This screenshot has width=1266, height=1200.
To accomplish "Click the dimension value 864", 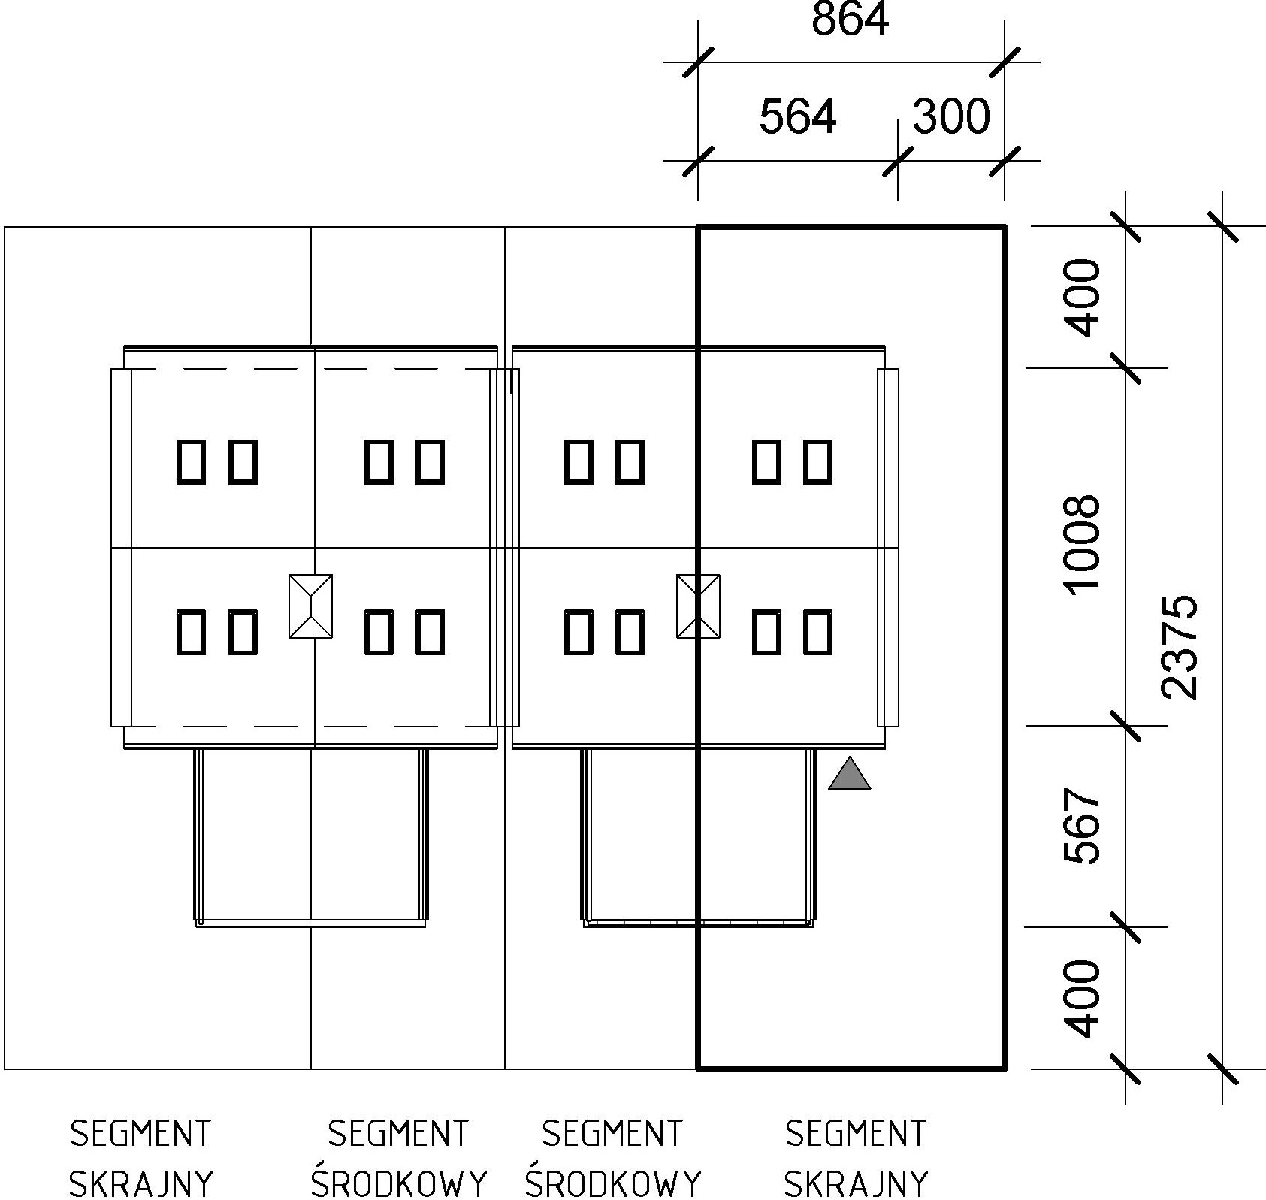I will (x=850, y=20).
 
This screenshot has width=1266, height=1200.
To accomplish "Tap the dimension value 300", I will (x=951, y=117).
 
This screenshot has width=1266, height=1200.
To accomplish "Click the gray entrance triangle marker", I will (x=849, y=775).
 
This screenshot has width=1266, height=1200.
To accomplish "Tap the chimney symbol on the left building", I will (x=311, y=606).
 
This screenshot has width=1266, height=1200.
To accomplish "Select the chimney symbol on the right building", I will (x=698, y=606).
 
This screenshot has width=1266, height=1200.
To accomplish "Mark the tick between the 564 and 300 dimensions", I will (x=898, y=161).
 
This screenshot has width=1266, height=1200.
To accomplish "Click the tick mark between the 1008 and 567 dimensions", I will (x=1126, y=726).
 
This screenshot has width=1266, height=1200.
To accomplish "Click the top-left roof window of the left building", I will (x=190, y=461).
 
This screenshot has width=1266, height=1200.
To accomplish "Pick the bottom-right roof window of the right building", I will (x=818, y=632).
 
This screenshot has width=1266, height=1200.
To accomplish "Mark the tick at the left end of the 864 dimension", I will (x=698, y=62).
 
